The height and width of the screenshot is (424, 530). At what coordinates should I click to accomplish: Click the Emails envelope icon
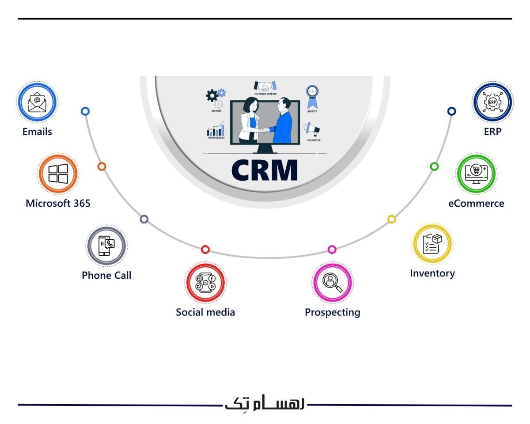click(38, 102)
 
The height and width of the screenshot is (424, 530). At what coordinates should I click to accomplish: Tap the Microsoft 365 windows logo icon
click(58, 174)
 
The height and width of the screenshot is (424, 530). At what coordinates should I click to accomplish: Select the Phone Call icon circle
click(106, 246)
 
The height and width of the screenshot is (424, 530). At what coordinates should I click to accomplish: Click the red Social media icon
click(205, 283)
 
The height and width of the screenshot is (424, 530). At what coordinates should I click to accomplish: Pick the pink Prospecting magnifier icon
click(332, 283)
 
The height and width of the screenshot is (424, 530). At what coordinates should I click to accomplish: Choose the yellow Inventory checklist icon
click(432, 244)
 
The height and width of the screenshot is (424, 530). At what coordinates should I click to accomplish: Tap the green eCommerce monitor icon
click(476, 174)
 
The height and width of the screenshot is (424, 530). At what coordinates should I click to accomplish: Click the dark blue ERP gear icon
click(492, 102)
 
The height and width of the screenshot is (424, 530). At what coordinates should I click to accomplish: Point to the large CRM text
click(265, 170)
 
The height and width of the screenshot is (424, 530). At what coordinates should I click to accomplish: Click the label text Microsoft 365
click(58, 203)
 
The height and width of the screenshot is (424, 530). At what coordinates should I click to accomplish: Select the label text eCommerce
click(476, 203)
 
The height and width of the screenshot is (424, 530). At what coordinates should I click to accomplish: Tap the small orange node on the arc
click(102, 167)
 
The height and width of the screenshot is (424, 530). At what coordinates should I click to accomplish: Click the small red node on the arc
click(205, 250)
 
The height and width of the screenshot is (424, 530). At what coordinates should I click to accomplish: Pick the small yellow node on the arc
click(391, 219)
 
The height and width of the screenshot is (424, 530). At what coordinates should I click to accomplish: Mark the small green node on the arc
click(434, 167)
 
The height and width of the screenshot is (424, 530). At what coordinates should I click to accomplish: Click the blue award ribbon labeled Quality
click(313, 97)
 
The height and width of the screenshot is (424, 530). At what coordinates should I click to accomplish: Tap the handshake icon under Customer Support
click(265, 86)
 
